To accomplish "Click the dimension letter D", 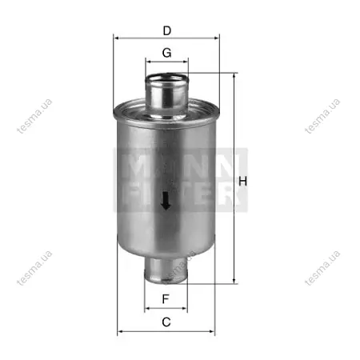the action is point(167,31).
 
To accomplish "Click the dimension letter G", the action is point(167,53).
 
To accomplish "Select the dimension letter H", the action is point(242,182).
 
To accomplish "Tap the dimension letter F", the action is point(166,299).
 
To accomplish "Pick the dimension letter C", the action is point(166,322).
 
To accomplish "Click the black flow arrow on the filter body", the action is point(166,201).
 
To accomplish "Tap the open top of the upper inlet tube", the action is point(167,78).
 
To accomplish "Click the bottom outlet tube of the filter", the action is point(166,270).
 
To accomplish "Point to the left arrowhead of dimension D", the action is point(117,38).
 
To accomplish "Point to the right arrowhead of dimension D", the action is point(216,38).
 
